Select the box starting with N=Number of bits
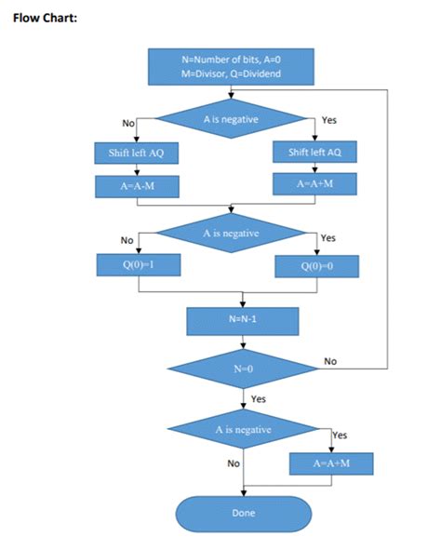[232, 66]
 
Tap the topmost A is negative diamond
[232, 119]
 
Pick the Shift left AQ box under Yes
[314, 153]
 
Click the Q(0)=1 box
[138, 265]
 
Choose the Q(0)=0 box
[314, 267]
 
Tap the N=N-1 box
[242, 321]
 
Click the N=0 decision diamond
[242, 369]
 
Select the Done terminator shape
[243, 513]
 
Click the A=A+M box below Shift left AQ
[314, 184]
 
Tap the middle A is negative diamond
[231, 233]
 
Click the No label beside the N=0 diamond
[330, 360]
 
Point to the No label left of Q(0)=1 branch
[126, 241]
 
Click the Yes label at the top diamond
[328, 121]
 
